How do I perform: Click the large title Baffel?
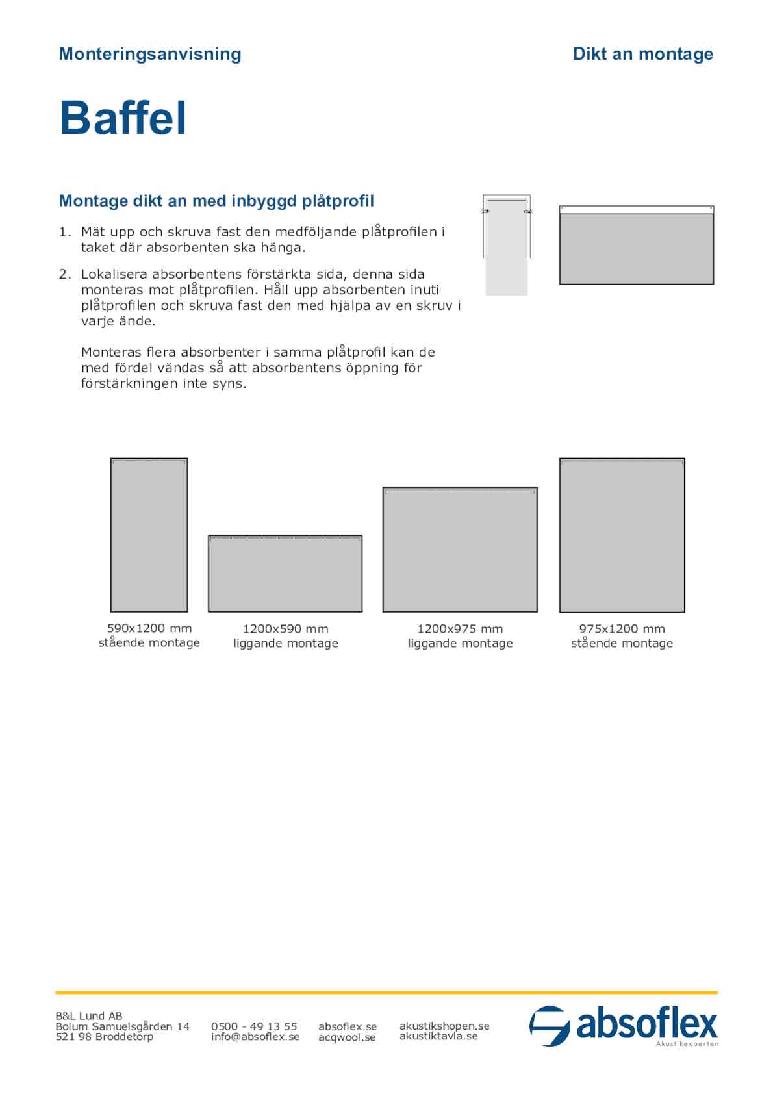(x=123, y=118)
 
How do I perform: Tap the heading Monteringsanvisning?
(x=150, y=54)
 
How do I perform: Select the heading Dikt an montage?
(x=642, y=54)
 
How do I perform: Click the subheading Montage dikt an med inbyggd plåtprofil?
(x=216, y=201)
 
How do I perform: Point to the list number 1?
(x=65, y=232)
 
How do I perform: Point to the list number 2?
(x=65, y=274)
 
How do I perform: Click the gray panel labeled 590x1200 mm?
(x=149, y=535)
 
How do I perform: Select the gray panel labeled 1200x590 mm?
(x=285, y=574)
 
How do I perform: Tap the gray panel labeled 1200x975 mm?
(x=460, y=550)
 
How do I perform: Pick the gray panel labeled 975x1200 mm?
(x=622, y=535)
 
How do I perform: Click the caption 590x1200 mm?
(x=149, y=628)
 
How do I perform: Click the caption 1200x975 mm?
(x=460, y=629)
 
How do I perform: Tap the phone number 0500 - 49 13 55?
(x=254, y=1026)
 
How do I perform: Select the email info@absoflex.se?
(x=255, y=1036)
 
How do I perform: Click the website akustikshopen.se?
(x=444, y=1026)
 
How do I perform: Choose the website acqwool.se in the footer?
(x=347, y=1037)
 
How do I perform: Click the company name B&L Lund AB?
(x=89, y=1016)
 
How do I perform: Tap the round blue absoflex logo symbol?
(x=550, y=1026)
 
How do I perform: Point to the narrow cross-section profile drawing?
(x=507, y=245)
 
